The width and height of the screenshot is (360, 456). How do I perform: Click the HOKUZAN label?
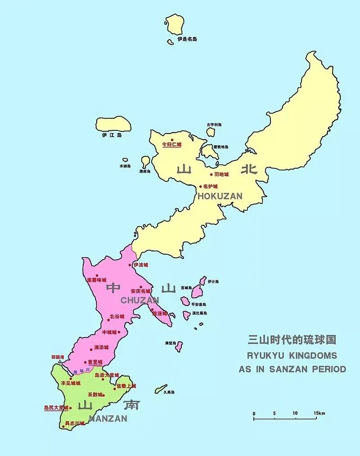point(220,196)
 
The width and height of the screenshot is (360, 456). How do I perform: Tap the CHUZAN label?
point(139,300)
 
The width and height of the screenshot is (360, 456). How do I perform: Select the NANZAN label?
point(108,418)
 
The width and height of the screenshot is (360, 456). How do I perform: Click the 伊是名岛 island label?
point(187,39)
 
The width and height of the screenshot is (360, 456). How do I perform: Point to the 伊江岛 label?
point(112,134)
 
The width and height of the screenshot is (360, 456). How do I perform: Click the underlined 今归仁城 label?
point(171,144)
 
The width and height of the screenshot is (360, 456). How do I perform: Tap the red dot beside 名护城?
point(201,186)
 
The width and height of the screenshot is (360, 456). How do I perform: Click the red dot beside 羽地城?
point(211,174)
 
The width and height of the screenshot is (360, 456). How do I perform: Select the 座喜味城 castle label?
point(97,280)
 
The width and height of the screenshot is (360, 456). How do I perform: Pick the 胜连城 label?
point(160,313)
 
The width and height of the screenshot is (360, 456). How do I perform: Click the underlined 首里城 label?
point(95,362)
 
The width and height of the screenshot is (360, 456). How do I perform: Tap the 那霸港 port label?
point(58,357)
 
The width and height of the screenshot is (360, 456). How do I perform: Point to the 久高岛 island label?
point(169,392)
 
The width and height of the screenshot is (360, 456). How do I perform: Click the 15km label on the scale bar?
point(319,413)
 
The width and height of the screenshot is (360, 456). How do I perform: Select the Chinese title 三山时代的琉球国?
point(292,340)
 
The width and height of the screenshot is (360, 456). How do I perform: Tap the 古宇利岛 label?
point(214,125)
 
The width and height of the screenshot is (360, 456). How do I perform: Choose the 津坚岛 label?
point(170,343)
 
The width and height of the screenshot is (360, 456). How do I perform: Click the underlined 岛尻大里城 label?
point(56,408)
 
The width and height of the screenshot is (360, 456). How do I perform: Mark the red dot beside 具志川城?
point(63,423)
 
